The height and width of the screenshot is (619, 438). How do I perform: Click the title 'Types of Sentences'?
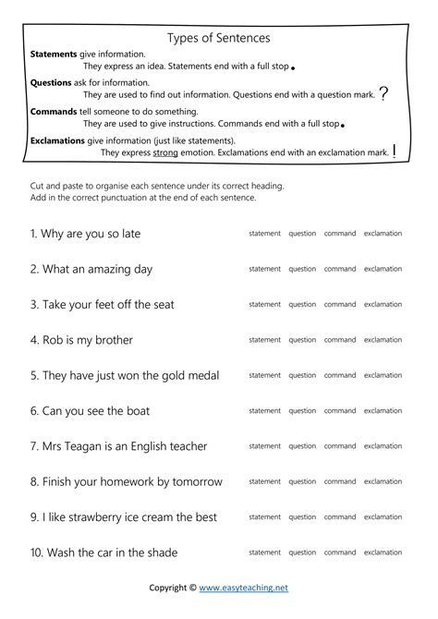[218, 38]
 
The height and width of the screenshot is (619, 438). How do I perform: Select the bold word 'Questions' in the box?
[51, 82]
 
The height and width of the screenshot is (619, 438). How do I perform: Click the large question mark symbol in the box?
[383, 93]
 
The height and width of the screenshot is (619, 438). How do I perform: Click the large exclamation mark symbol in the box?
[395, 152]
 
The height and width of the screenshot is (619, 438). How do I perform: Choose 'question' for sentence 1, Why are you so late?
[302, 234]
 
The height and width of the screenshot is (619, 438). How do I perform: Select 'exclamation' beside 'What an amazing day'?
[383, 269]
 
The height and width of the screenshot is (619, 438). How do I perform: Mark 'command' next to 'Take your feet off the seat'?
[340, 304]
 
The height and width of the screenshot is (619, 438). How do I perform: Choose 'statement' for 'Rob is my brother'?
[264, 340]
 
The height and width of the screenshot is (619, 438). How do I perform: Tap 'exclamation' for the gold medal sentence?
[383, 375]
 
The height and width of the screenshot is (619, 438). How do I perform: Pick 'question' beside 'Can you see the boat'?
[302, 411]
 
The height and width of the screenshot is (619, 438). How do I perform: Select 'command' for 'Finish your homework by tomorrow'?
[340, 481]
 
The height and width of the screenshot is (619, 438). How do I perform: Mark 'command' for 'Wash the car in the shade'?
[340, 552]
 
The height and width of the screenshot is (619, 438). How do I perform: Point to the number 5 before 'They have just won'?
[33, 376]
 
